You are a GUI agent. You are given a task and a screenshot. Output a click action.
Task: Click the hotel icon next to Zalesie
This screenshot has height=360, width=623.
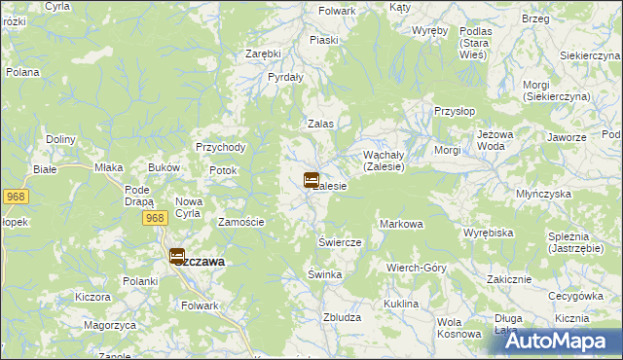pos(311,180)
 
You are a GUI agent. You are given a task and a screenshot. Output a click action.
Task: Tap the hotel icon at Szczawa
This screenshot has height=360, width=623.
pos(178,257)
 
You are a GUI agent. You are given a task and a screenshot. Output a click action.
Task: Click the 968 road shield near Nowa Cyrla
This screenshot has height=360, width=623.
pos(153,218)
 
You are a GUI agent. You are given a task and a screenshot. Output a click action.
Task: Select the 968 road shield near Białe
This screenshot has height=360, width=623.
pos(15,197)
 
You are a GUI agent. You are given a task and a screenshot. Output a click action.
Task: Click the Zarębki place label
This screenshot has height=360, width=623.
pos(263,54)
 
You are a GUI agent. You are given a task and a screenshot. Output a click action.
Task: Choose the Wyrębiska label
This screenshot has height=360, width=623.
pos(488,234)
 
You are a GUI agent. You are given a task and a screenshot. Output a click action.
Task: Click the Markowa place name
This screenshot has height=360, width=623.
pos(401,224)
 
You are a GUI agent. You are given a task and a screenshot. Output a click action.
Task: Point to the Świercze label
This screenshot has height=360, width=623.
pos(340,241)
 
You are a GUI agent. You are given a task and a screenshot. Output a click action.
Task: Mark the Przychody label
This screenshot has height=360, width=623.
pos(221,147)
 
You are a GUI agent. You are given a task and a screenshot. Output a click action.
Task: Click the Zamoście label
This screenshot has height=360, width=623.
pos(240,222)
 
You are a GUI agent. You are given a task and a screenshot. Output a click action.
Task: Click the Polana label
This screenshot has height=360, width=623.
pos(22,72)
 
